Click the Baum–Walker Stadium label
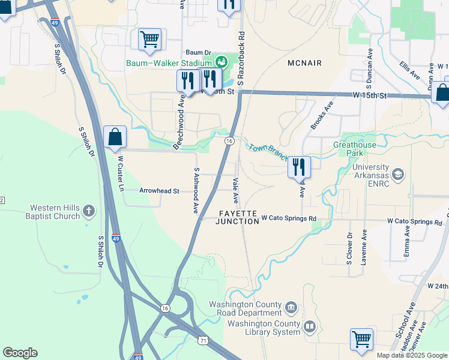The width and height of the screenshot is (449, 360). point(169,63)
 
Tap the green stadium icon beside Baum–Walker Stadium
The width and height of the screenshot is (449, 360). point(221,61)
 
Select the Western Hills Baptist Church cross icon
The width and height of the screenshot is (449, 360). point(89,210)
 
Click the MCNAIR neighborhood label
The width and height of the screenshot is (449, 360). point(304,63)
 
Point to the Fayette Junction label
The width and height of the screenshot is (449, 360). point(238,217)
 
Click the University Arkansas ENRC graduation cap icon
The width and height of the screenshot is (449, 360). point(397,174)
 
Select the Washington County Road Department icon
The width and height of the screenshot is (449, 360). point(291,308)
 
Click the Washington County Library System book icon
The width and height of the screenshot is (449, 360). point(310,328)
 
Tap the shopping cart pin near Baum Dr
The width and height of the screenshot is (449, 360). point(149,40)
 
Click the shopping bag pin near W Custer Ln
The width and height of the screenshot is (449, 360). point(115,136)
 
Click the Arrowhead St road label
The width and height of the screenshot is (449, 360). point(159,191)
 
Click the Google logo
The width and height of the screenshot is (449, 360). point(20,353)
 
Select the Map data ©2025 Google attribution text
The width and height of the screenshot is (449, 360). point(412,355)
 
